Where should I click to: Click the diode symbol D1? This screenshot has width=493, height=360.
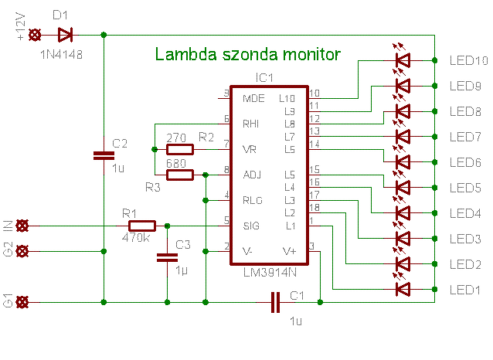66,35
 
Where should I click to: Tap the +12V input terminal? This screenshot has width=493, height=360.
35,35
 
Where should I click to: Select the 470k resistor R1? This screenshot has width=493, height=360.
142,226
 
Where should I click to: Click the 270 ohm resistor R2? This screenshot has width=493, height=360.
179,149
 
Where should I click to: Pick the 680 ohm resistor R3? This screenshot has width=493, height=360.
179,175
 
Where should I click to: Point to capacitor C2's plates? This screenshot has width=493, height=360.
104,155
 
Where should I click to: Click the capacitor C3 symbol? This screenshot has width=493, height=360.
167,257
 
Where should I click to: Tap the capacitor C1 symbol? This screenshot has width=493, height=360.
275,302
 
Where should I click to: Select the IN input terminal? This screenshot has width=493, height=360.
22,226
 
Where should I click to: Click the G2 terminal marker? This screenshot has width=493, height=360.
22,251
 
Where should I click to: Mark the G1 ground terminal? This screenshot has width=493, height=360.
22,302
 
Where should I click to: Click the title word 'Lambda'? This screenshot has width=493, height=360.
185,54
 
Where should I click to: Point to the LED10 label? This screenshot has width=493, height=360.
469,60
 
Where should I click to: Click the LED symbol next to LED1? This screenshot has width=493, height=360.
403,289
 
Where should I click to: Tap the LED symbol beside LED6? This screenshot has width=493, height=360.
403,162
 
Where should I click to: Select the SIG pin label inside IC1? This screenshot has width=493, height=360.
251,226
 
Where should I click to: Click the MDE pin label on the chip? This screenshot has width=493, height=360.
253,98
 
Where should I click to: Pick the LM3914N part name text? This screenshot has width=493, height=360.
270,272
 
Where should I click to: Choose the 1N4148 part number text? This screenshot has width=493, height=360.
61,55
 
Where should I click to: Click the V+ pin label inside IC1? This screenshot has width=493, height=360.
289,251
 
